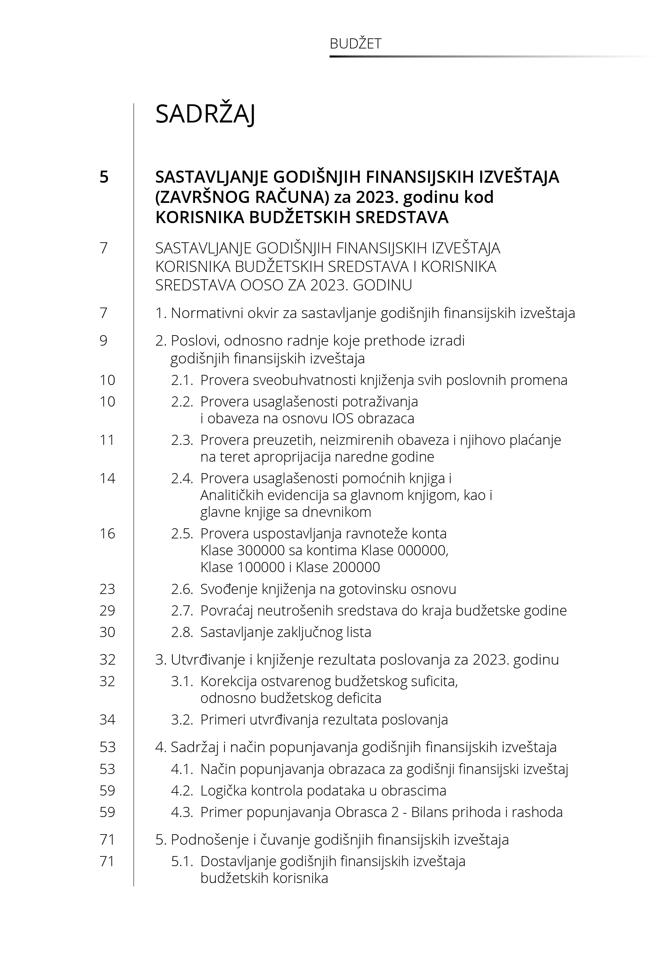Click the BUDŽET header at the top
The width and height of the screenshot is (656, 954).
click(355, 43)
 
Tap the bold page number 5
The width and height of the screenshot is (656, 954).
click(104, 177)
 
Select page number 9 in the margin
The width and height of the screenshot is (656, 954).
click(104, 341)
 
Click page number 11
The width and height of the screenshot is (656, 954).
click(107, 440)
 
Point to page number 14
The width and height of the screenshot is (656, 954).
click(107, 478)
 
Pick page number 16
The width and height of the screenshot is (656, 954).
click(107, 534)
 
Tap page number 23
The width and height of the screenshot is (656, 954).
click(107, 589)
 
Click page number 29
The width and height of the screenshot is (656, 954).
click(107, 610)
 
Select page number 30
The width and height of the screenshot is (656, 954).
click(107, 632)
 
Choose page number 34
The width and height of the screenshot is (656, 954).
click(107, 719)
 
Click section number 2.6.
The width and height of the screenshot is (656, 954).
click(182, 589)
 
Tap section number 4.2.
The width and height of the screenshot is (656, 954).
click(182, 790)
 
